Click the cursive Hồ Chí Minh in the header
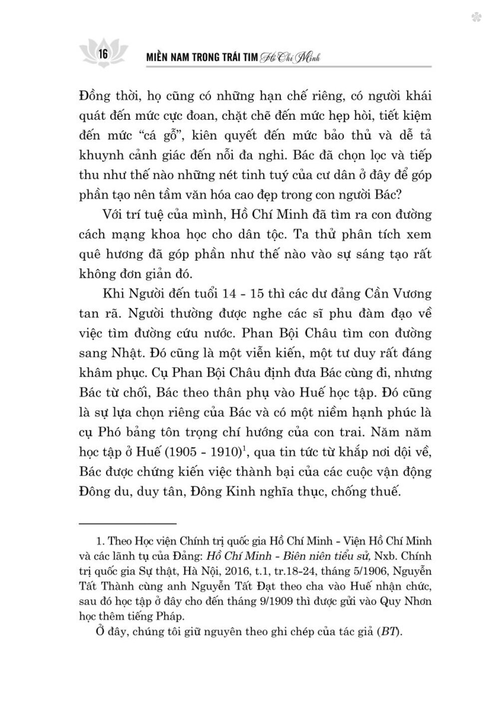tap(290, 58)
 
